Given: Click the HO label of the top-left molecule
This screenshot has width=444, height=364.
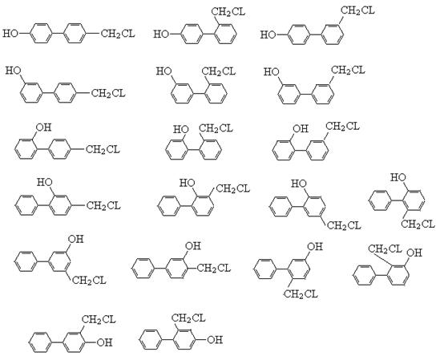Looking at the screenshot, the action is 10,34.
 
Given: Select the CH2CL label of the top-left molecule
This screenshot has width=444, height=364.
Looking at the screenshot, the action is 118,34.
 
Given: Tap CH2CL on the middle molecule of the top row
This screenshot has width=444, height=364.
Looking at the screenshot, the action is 228,12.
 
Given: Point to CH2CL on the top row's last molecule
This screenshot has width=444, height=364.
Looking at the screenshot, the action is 357,10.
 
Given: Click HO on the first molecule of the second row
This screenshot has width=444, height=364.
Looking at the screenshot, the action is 14,71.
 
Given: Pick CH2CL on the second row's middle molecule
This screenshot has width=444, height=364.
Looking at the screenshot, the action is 218,71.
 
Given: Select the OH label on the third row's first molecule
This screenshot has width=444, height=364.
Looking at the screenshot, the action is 43,127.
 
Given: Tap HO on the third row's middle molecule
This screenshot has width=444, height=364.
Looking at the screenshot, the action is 181,129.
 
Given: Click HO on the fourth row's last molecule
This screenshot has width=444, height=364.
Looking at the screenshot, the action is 398,178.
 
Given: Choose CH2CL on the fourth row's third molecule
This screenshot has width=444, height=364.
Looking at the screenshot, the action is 345,225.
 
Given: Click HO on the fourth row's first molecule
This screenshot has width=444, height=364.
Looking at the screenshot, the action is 45,182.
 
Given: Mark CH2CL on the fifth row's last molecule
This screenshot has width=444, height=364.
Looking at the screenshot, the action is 385,249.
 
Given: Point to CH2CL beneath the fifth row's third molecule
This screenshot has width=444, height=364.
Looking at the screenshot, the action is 301,293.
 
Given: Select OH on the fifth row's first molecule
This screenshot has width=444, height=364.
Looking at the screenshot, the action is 75,239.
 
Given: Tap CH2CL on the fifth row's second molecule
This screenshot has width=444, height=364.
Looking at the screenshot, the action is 214,268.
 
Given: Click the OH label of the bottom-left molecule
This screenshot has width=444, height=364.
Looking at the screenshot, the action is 104,342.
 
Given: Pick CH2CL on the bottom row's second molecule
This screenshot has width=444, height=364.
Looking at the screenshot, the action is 188,317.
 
